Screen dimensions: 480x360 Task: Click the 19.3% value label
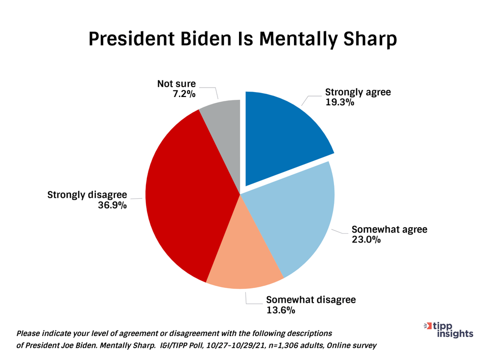[x=340, y=102]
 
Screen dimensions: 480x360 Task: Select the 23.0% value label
[x=366, y=240]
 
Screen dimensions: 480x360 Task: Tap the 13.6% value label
[x=281, y=310]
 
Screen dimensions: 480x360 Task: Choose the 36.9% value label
[x=112, y=205]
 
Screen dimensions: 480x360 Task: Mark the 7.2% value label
[x=184, y=94]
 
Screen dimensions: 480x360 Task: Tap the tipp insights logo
[x=449, y=330]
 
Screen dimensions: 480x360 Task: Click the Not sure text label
[x=176, y=84]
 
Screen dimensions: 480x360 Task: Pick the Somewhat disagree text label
[x=311, y=300]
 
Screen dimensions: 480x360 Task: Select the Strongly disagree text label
[x=87, y=195]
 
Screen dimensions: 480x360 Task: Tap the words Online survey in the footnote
[x=352, y=346]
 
